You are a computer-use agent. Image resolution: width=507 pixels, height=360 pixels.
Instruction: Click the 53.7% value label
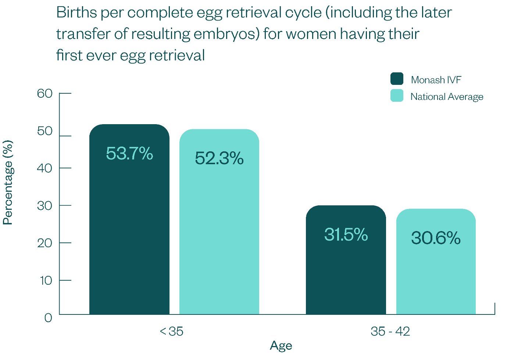pyautogui.click(x=129, y=154)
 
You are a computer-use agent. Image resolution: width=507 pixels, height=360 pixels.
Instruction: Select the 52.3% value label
pyautogui.click(x=219, y=158)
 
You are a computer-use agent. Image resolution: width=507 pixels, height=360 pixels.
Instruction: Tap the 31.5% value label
pyautogui.click(x=346, y=235)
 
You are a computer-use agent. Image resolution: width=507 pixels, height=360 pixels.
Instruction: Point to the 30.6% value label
pyautogui.click(x=436, y=238)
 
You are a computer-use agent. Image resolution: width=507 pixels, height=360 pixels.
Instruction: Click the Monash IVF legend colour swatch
pyautogui.click(x=397, y=79)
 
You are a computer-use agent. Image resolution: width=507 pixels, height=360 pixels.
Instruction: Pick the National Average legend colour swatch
pyautogui.click(x=397, y=96)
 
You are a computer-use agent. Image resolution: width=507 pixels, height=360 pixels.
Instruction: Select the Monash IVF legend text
pyautogui.click(x=436, y=80)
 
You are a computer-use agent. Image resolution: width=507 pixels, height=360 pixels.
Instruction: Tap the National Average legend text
pyautogui.click(x=447, y=97)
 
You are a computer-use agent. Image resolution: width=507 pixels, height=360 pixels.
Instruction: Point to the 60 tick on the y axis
pyautogui.click(x=44, y=94)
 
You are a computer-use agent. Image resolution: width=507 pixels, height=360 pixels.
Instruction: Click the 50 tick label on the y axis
pyautogui.click(x=44, y=131)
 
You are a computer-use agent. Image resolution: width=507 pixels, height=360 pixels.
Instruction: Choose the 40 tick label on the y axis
pyautogui.click(x=44, y=169)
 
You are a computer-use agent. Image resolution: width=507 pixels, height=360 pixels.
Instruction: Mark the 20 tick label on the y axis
pyautogui.click(x=44, y=243)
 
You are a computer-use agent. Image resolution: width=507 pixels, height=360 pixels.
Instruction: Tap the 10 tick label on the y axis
pyautogui.click(x=46, y=281)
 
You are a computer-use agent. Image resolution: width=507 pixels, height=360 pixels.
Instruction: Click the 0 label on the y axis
pyautogui.click(x=48, y=318)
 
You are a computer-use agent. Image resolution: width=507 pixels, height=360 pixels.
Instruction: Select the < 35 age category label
pyautogui.click(x=171, y=331)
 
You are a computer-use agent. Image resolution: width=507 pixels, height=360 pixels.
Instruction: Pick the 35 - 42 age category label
pyautogui.click(x=390, y=331)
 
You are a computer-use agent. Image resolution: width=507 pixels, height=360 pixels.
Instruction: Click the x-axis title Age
pyautogui.click(x=281, y=346)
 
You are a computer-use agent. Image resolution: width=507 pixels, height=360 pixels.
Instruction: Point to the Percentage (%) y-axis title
pyautogui.click(x=8, y=183)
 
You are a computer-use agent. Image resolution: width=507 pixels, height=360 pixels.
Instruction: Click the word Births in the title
pyautogui.click(x=77, y=13)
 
